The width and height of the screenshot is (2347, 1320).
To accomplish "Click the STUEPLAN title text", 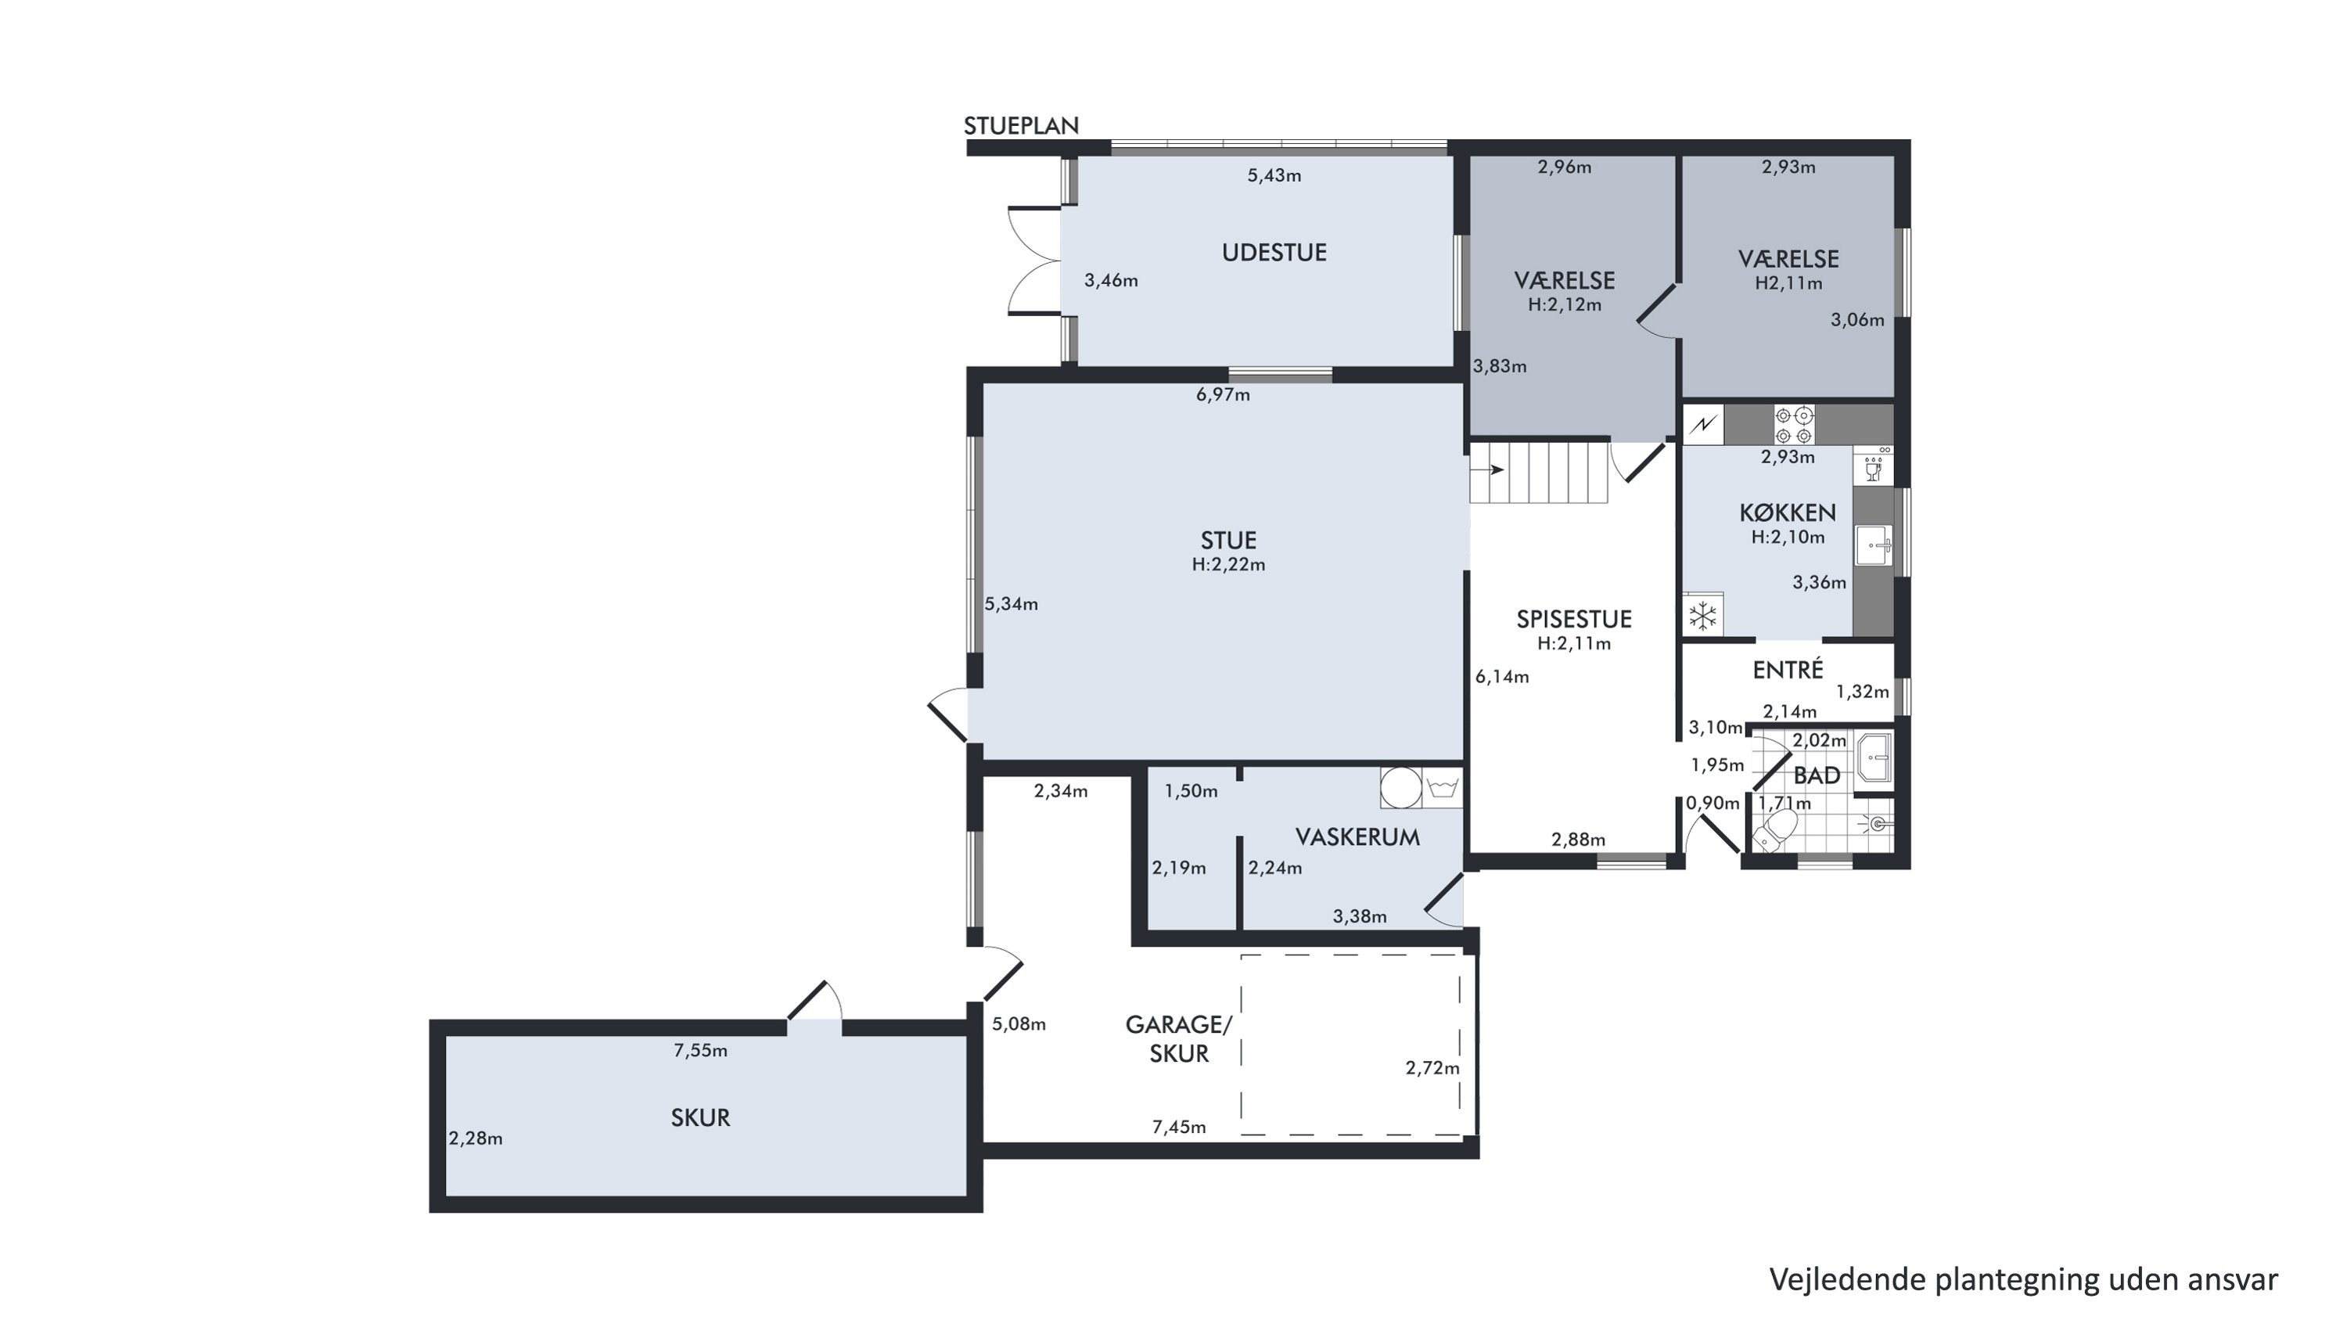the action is pos(1022,126).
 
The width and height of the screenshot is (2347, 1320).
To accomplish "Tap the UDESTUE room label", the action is pos(1274,252).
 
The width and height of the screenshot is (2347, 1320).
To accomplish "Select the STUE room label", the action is pos(1228,540).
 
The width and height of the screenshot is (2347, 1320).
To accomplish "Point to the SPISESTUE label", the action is pos(1573,620).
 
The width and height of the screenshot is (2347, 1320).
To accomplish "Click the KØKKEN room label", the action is pos(1788,512).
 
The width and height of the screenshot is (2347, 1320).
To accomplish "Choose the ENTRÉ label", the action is pos(1788,670).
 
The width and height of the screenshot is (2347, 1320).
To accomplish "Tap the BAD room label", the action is pos(1817,776).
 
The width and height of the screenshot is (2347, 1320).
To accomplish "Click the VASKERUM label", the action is pos(1357,837).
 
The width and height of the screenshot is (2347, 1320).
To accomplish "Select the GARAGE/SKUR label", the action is pos(1179,1039).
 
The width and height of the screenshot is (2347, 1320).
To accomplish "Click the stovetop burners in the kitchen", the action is pos(1793,426).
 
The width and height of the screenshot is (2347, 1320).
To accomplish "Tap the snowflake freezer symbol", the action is pos(1702,617).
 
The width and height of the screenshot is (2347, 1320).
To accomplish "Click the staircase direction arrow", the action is pos(1488,470).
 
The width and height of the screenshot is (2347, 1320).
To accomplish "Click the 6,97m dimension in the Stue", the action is pos(1223,394).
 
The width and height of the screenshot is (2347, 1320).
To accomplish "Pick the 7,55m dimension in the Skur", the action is pos(701,1050).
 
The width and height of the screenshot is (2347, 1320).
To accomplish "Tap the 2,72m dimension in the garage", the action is pos(1432,1068).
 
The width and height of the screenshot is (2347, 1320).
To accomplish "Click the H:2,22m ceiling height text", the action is pos(1228,565).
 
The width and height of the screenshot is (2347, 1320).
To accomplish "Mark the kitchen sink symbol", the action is pos(1873,545).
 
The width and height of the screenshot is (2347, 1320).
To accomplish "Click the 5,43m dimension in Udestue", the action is pos(1274,176).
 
